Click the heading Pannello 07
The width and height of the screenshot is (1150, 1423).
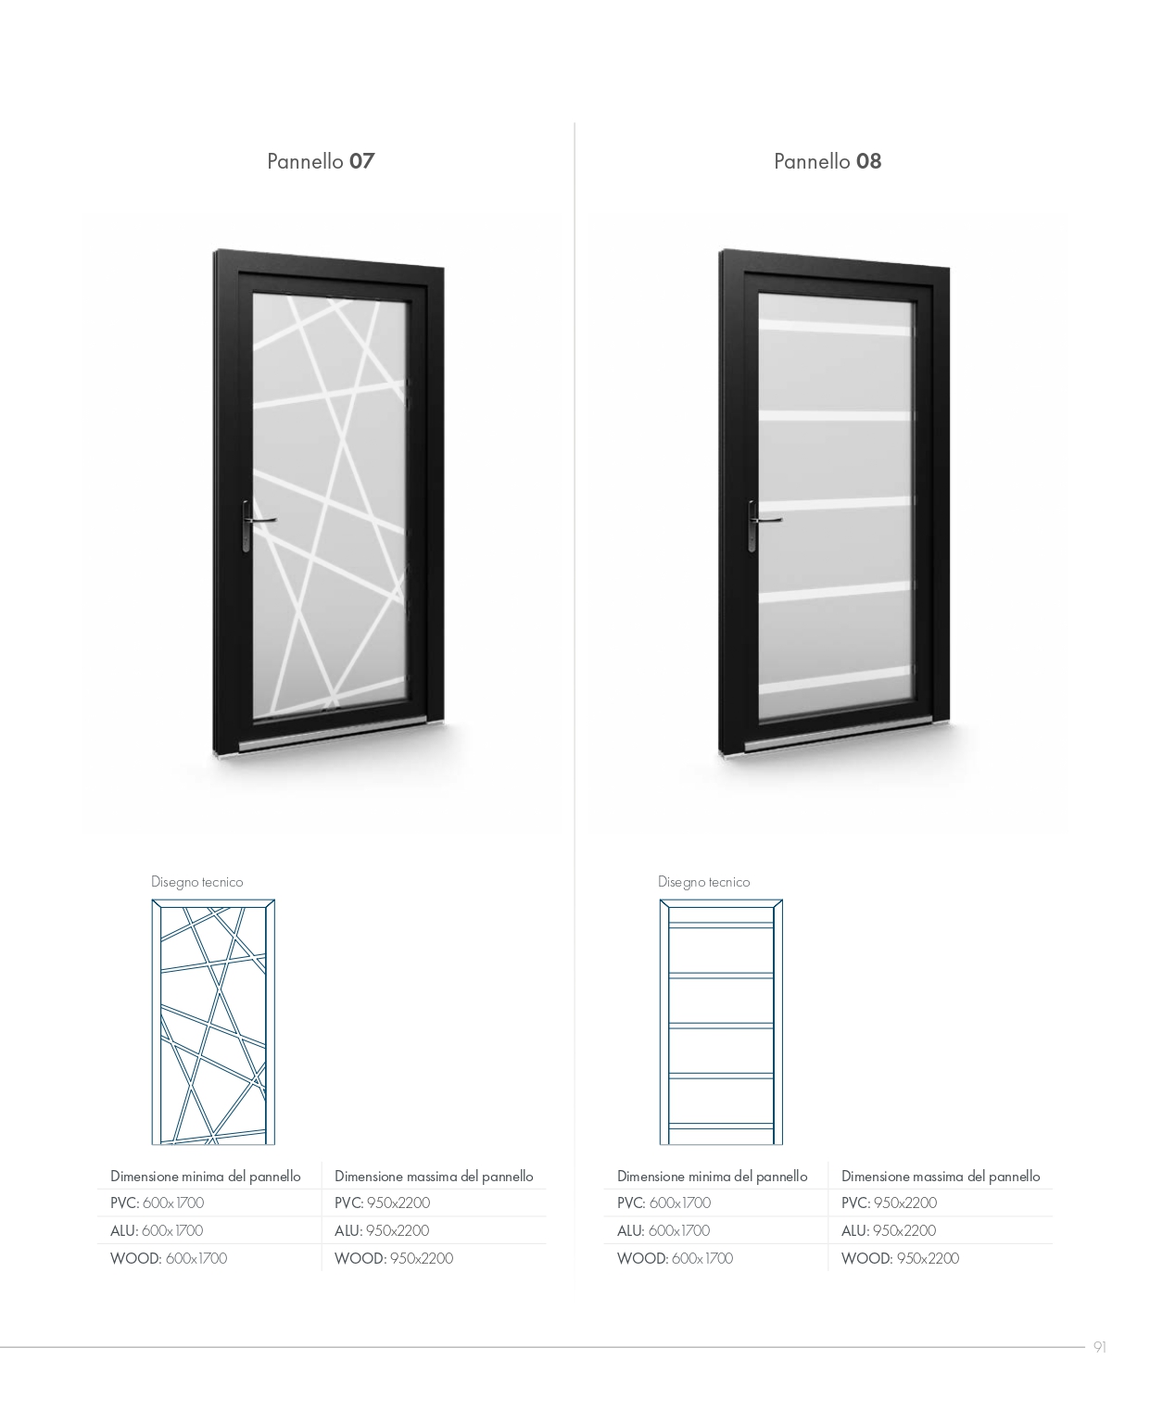[x=321, y=161]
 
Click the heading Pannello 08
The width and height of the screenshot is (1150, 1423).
[x=828, y=161]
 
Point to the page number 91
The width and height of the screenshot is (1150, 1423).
[x=1099, y=1347]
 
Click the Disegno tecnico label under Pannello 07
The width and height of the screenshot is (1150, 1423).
[x=197, y=882]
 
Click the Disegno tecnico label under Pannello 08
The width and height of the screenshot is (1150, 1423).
[x=703, y=882]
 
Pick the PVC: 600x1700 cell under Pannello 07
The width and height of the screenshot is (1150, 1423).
[x=157, y=1203]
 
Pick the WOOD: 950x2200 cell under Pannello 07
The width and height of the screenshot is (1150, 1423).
[x=394, y=1258]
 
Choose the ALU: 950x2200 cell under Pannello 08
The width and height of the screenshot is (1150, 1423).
[x=889, y=1230]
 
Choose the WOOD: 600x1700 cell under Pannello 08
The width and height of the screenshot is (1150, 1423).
[x=675, y=1258]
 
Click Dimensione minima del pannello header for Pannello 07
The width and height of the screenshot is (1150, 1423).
[x=205, y=1176]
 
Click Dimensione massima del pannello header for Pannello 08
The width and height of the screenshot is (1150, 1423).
[x=941, y=1176]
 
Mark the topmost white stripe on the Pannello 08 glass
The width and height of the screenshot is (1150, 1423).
[x=835, y=327]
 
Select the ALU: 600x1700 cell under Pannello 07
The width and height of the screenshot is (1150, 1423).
[x=157, y=1230]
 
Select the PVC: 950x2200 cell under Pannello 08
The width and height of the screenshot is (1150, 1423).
[x=889, y=1203]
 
